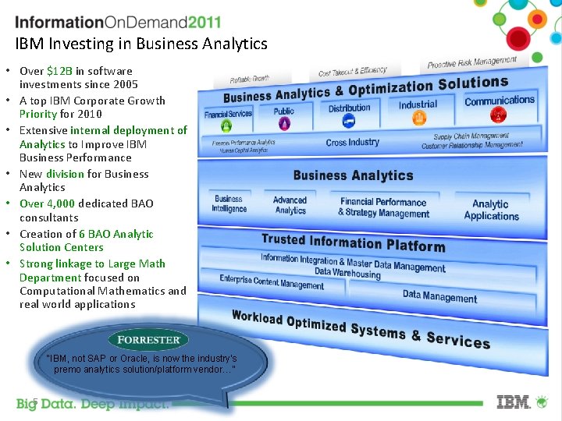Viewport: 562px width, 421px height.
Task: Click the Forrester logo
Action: (148, 339)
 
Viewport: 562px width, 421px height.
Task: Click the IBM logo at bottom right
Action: (514, 402)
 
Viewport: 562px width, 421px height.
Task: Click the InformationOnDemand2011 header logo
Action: (118, 23)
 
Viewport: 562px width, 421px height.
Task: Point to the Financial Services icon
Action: (226, 126)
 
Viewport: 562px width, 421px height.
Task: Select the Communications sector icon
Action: (498, 115)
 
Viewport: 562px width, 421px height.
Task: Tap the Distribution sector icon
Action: (349, 122)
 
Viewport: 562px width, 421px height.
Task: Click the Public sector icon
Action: (283, 124)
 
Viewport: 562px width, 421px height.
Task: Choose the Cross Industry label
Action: (352, 143)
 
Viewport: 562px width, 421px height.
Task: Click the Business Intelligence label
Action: (229, 203)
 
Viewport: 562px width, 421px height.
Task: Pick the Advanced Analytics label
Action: (290, 205)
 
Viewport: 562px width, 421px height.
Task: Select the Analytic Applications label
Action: (491, 210)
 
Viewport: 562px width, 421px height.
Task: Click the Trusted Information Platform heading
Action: (353, 242)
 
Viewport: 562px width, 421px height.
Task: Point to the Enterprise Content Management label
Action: (271, 281)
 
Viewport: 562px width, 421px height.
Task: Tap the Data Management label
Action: (439, 296)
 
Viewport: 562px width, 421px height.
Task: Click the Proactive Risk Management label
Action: (471, 62)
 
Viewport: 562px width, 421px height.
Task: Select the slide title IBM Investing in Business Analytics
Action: (141, 44)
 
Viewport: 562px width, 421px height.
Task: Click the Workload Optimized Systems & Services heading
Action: (361, 328)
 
